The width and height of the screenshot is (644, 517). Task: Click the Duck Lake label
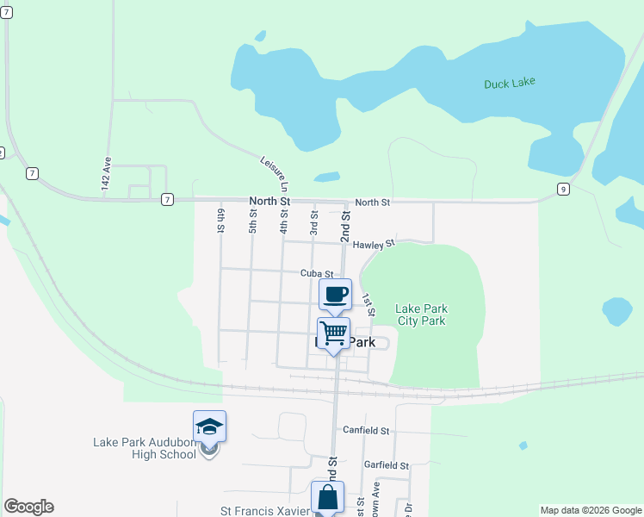click(x=509, y=83)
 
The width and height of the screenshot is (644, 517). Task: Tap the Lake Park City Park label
click(x=421, y=315)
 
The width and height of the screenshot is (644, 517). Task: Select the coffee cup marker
click(x=336, y=294)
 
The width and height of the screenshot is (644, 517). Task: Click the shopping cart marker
click(x=333, y=333)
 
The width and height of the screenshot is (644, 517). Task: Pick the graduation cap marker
click(x=209, y=426)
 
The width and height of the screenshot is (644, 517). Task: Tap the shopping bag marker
click(x=327, y=497)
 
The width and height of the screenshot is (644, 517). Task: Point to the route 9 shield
click(x=563, y=189)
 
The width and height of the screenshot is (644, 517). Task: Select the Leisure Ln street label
click(x=275, y=173)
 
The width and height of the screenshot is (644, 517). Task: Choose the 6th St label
click(x=221, y=221)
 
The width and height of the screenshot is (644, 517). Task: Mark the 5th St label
click(x=253, y=222)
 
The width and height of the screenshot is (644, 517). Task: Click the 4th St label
click(x=283, y=222)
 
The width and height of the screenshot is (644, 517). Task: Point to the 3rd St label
click(x=314, y=222)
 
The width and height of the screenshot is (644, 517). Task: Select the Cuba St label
click(x=317, y=273)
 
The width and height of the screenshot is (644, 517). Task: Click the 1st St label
click(x=368, y=302)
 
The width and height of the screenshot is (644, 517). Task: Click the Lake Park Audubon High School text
click(x=145, y=448)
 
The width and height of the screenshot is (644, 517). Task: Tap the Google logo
click(x=28, y=507)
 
